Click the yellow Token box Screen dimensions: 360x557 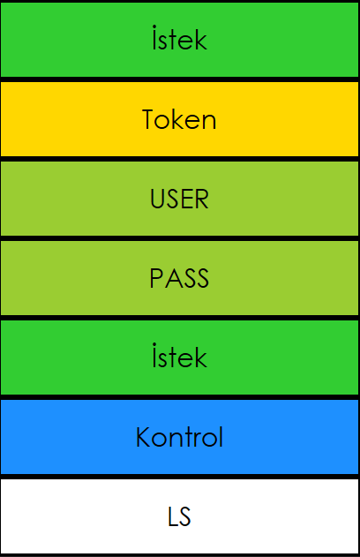180,119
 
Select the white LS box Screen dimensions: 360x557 180,516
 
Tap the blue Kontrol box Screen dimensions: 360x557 180,437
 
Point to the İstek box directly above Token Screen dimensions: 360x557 180,40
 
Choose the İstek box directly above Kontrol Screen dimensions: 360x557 180,358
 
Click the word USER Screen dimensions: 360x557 179,199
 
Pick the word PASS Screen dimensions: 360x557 179,278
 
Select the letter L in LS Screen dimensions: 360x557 172,516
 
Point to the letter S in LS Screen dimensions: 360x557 184,516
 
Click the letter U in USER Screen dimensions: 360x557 157,199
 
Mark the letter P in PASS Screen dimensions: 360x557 155,278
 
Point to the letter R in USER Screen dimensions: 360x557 202,199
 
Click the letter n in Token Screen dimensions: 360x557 209,123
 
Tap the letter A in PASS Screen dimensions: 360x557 170,278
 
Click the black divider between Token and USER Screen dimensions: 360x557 180,159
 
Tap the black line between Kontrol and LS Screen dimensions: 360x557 180,477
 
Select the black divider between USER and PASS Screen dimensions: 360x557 180,238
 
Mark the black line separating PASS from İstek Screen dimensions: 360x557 180,318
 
